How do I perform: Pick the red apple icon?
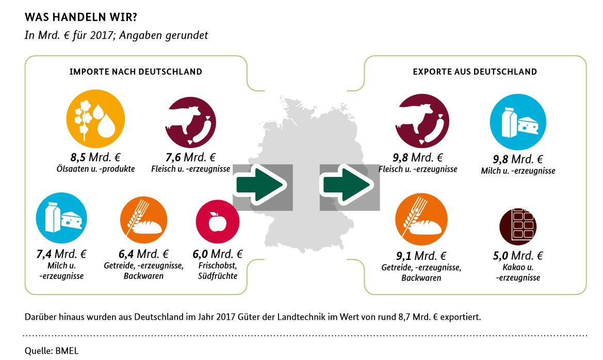218,222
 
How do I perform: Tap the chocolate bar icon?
518,225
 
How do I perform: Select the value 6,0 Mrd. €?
218,254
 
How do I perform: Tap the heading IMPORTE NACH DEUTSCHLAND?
136,72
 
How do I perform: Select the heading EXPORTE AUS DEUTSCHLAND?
475,72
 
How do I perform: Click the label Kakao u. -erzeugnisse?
518,273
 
